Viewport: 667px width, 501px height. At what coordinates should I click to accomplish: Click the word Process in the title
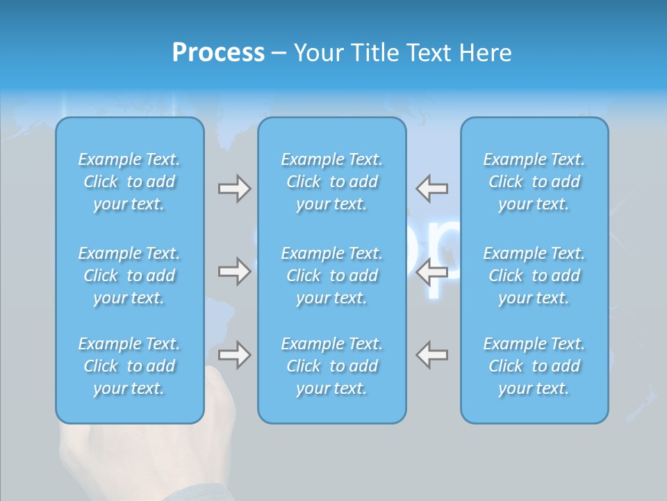coord(218,53)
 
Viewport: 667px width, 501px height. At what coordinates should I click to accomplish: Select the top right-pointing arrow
coord(234,189)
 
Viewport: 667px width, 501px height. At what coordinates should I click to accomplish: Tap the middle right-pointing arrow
coord(234,271)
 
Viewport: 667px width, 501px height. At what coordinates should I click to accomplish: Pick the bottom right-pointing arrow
coord(234,355)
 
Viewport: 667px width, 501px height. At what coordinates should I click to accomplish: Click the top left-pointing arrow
coord(431,189)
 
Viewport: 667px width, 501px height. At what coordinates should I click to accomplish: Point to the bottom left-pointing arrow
coord(431,355)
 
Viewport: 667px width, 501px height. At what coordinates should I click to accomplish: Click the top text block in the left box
coord(129,182)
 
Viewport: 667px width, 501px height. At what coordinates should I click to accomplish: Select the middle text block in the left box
coord(129,276)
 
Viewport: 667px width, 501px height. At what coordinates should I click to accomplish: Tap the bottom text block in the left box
coord(129,366)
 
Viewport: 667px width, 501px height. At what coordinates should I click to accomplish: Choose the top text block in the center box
coord(332,182)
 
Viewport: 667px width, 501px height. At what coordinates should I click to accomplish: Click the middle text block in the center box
coord(332,276)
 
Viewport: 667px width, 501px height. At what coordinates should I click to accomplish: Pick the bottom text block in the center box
coord(332,366)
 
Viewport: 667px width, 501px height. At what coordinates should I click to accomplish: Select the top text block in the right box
coord(534,182)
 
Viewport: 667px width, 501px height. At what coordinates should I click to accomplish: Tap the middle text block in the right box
coord(534,276)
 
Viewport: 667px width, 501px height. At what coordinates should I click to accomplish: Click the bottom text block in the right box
coord(534,366)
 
